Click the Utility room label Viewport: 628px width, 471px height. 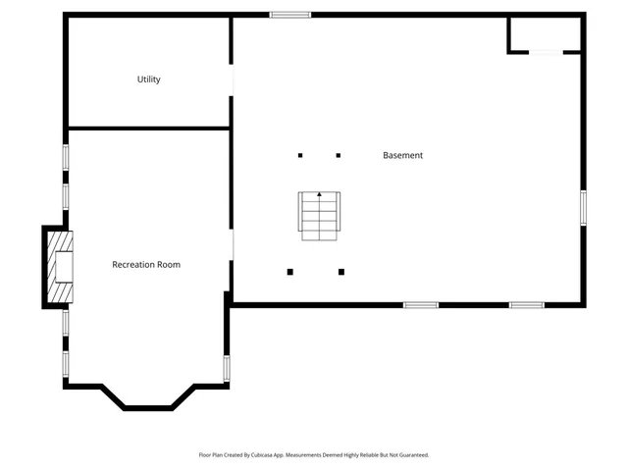[x=149, y=79]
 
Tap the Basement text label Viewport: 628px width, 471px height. [x=402, y=155]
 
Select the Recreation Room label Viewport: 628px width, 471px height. [x=146, y=264]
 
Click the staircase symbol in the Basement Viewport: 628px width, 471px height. [x=319, y=216]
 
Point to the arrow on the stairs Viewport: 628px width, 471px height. [x=319, y=195]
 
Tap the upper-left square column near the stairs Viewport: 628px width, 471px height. [x=300, y=155]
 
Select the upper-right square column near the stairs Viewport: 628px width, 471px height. [x=339, y=155]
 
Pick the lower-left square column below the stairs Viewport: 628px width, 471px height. [x=289, y=272]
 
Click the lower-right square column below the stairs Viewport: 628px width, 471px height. [x=341, y=272]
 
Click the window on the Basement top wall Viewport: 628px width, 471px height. [x=290, y=15]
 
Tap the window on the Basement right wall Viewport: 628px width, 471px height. [x=583, y=207]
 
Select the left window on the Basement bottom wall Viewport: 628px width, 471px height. [x=421, y=305]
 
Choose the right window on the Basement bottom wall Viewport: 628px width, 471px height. [x=526, y=305]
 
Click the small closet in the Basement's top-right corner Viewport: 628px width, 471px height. [x=545, y=33]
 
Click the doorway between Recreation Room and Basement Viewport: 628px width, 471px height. [x=232, y=245]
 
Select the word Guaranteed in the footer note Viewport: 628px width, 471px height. [x=414, y=455]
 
